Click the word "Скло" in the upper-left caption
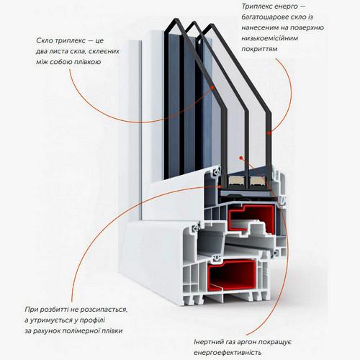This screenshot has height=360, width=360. click(x=45, y=40)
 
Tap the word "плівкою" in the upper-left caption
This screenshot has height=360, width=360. click(x=86, y=62)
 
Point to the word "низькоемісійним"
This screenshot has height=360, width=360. click(x=270, y=38)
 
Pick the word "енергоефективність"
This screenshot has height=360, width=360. click(x=228, y=353)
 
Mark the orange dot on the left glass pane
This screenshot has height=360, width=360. click(x=212, y=88)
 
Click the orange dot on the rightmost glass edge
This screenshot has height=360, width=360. click(x=269, y=133)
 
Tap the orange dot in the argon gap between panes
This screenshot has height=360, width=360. click(x=241, y=158)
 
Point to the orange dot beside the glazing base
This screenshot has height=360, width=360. click(x=220, y=186)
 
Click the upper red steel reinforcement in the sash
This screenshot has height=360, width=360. click(x=251, y=219)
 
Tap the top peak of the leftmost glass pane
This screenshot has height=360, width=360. click(x=176, y=19)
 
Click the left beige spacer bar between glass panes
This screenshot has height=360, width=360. click(x=236, y=181)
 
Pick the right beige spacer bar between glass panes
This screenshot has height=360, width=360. click(x=258, y=181)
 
